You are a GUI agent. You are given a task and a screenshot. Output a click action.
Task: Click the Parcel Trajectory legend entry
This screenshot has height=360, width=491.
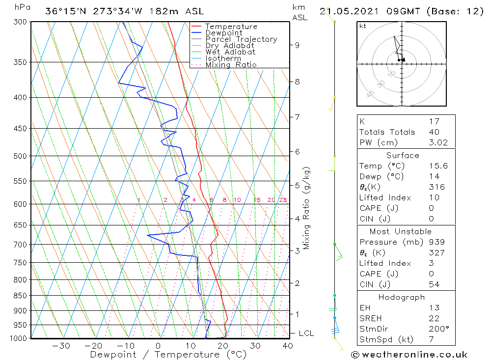[241, 39]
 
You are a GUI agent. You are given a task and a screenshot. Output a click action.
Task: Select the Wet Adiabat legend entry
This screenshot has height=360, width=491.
[230, 52]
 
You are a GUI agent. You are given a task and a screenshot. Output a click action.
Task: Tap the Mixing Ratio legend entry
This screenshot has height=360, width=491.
[231, 64]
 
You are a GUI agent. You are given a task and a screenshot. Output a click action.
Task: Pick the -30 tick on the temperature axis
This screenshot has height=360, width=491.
[61, 346]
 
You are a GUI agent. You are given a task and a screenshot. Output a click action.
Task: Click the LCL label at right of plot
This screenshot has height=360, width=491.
[306, 333]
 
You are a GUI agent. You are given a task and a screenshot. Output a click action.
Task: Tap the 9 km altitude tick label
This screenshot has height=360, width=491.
[297, 45]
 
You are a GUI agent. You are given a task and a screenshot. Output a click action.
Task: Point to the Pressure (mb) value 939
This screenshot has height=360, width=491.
[436, 242]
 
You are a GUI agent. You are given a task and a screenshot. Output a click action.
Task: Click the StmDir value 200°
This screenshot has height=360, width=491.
[436, 329]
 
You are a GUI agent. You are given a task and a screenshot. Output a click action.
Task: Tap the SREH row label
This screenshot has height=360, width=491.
[370, 318]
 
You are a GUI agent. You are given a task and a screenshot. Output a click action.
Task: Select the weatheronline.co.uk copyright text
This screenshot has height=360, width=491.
[409, 354]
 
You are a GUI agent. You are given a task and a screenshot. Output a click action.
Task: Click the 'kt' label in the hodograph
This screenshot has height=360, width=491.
[362, 26]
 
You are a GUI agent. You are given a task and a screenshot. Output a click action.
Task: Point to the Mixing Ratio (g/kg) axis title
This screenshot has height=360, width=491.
[307, 208]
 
